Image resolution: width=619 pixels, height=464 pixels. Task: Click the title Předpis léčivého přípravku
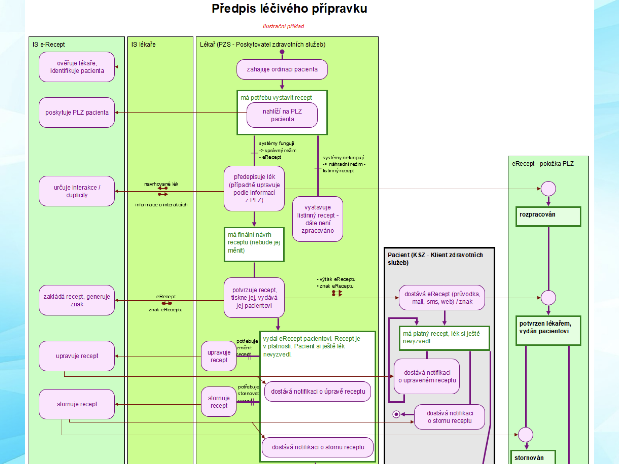point(289,9)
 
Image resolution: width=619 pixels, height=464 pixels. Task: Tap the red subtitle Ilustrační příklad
point(283,26)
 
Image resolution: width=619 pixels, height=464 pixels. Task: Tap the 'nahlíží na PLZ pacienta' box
point(282,115)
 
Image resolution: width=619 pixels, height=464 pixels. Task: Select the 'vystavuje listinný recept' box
point(318,219)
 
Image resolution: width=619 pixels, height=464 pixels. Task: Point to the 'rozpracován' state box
point(548,217)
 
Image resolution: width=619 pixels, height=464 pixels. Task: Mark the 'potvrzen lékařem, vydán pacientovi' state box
point(548,331)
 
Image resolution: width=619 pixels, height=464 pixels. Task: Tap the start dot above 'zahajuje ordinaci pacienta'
point(282,52)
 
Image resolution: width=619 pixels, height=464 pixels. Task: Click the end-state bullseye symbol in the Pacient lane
point(396,414)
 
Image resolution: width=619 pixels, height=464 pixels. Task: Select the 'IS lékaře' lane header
point(143,44)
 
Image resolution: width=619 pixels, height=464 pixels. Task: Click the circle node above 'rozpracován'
point(548,189)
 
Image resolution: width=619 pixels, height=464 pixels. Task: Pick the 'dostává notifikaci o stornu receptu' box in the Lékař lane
point(318,447)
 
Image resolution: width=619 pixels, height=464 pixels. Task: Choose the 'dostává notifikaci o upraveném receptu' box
point(427,376)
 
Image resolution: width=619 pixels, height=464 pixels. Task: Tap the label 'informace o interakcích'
point(161,205)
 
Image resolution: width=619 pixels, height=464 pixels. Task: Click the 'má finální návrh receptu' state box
point(254,244)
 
